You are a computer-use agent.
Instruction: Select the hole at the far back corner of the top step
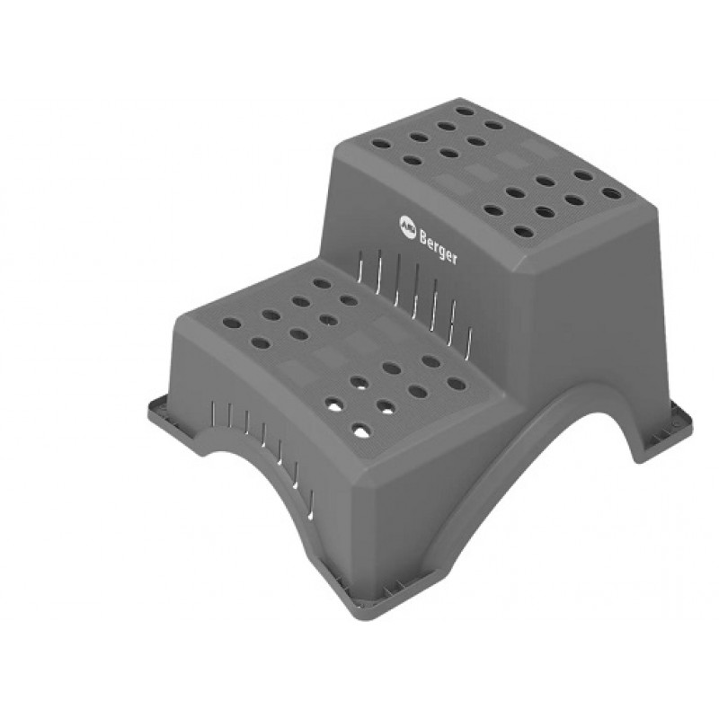[x=465, y=111]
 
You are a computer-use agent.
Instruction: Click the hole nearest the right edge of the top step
[x=611, y=193]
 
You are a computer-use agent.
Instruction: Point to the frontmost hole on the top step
[x=523, y=231]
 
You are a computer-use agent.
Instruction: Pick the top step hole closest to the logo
[x=382, y=144]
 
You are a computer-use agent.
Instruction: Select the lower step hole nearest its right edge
[x=457, y=384]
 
